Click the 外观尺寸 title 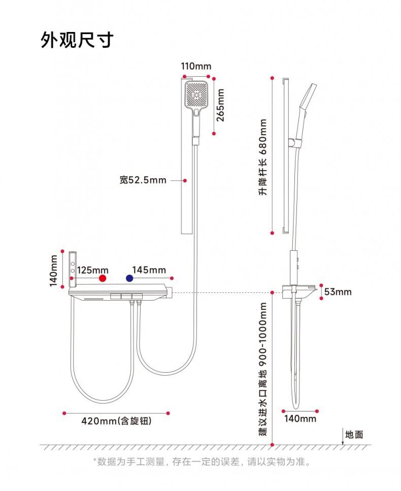(77, 40)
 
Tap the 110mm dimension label (196, 66)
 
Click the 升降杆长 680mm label (263, 157)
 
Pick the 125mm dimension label (93, 269)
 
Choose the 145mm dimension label (149, 269)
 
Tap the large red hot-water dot (103, 278)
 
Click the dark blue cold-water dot (129, 278)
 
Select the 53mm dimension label (338, 291)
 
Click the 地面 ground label (354, 434)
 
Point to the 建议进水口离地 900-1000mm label (262, 369)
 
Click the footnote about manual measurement (201, 462)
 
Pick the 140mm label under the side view (300, 418)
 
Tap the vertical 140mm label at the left (54, 270)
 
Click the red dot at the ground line (273, 445)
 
